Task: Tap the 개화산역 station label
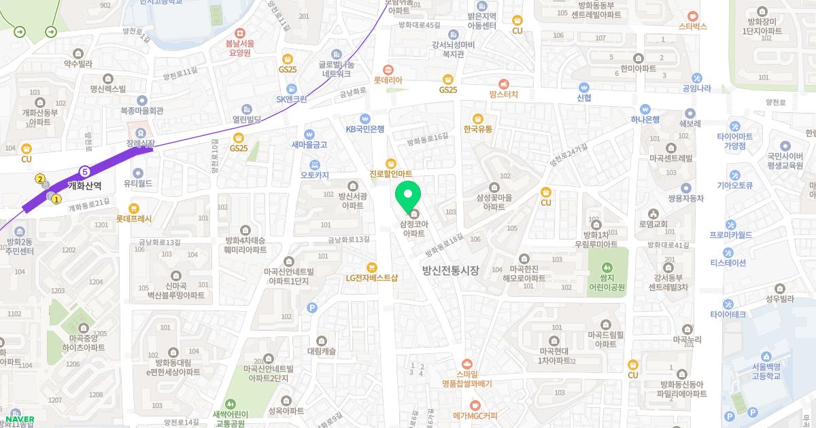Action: [85, 185]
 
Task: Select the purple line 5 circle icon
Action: [84, 172]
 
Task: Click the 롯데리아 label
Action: [388, 80]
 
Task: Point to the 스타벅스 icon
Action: [692, 15]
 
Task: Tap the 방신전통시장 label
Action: [450, 270]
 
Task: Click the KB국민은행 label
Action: [365, 128]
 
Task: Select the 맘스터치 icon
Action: [503, 83]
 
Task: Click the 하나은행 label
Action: [645, 120]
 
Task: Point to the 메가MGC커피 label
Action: [475, 415]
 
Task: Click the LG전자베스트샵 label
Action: [371, 277]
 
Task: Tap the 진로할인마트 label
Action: [391, 174]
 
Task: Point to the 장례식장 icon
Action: [140, 131]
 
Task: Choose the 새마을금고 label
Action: [309, 145]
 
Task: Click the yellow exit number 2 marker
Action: [40, 179]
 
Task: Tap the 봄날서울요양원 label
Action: [239, 47]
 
